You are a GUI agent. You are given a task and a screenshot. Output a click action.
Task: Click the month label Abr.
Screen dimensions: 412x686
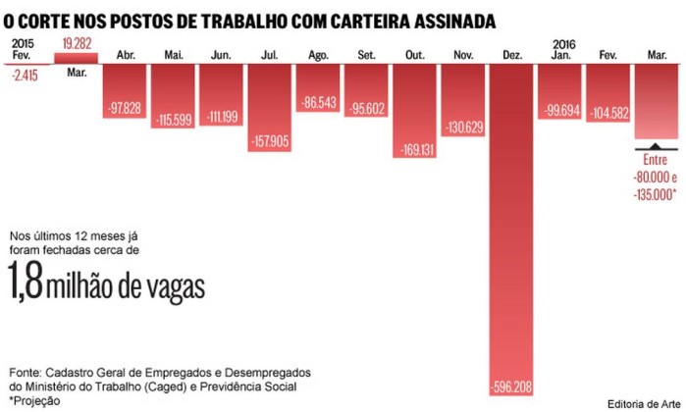click(127, 55)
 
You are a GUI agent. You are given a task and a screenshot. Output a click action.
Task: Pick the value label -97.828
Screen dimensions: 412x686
click(127, 106)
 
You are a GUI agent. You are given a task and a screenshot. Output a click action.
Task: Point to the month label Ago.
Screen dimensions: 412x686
click(319, 55)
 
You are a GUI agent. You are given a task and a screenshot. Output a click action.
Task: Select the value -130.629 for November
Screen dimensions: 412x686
click(464, 127)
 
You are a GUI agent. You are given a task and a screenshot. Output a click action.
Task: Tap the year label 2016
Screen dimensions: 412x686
click(563, 43)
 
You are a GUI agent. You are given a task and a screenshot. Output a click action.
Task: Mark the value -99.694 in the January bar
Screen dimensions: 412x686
click(560, 110)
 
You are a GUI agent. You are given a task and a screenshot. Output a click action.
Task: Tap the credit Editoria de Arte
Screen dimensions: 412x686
click(643, 403)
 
